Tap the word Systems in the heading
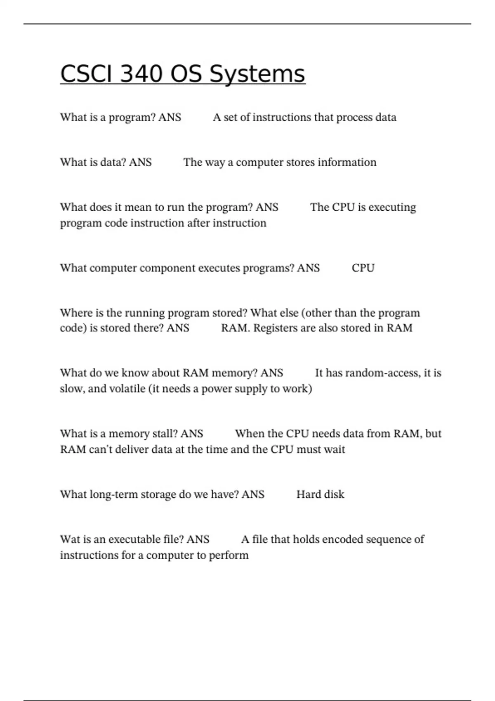[x=257, y=74]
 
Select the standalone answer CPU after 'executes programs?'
[x=363, y=268]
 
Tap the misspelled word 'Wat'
[x=69, y=539]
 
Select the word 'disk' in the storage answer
[x=334, y=494]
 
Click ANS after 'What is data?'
[x=140, y=162]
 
